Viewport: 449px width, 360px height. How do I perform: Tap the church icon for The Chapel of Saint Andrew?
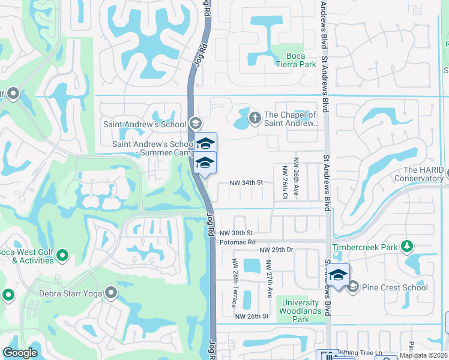[255, 116]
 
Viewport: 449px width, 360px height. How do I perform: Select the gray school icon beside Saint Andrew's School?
[194, 123]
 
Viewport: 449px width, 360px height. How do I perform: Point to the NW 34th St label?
[247, 182]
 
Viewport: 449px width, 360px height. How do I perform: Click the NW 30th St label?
[237, 233]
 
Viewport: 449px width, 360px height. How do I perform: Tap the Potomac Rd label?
[238, 241]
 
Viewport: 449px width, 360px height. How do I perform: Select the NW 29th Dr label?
[276, 249]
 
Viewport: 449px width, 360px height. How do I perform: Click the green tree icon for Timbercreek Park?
[408, 246]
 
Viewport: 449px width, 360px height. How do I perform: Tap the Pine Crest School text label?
[394, 287]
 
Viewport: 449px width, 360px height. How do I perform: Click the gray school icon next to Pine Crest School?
[353, 287]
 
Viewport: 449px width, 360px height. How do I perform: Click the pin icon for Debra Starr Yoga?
[111, 293]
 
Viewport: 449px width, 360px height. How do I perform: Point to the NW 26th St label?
[251, 316]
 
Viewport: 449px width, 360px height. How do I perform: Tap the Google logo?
[20, 353]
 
